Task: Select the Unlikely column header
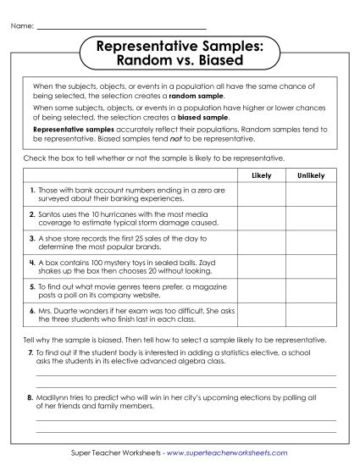[311, 175]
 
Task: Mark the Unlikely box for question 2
[311, 219]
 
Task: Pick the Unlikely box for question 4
[311, 268]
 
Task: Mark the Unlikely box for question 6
[311, 317]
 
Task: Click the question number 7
[30, 351]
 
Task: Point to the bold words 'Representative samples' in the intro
[66, 129]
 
